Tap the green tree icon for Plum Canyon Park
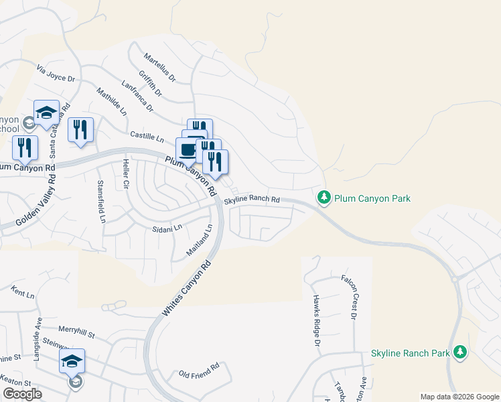tap(324, 198)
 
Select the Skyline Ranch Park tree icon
tap(459, 352)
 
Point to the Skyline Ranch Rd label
tap(251, 200)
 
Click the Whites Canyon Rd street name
tap(186, 289)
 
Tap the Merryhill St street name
tap(77, 330)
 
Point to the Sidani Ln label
tap(167, 228)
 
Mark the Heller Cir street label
tap(125, 174)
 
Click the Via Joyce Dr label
tap(56, 74)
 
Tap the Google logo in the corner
tap(21, 394)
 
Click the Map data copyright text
tap(459, 397)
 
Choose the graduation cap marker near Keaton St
tap(72, 362)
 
